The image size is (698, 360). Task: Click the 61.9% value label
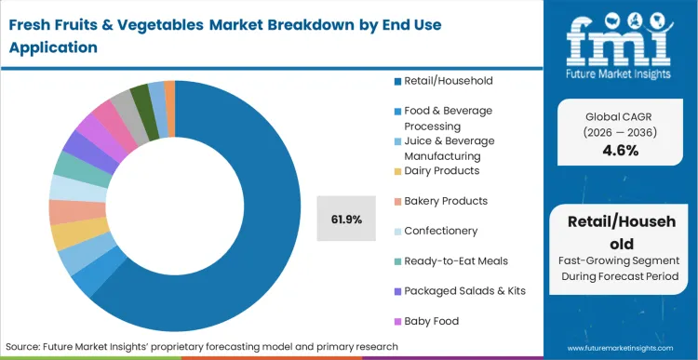pos(346,220)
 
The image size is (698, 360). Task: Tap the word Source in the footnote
pos(26,346)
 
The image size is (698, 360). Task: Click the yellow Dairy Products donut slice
pos(67,235)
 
